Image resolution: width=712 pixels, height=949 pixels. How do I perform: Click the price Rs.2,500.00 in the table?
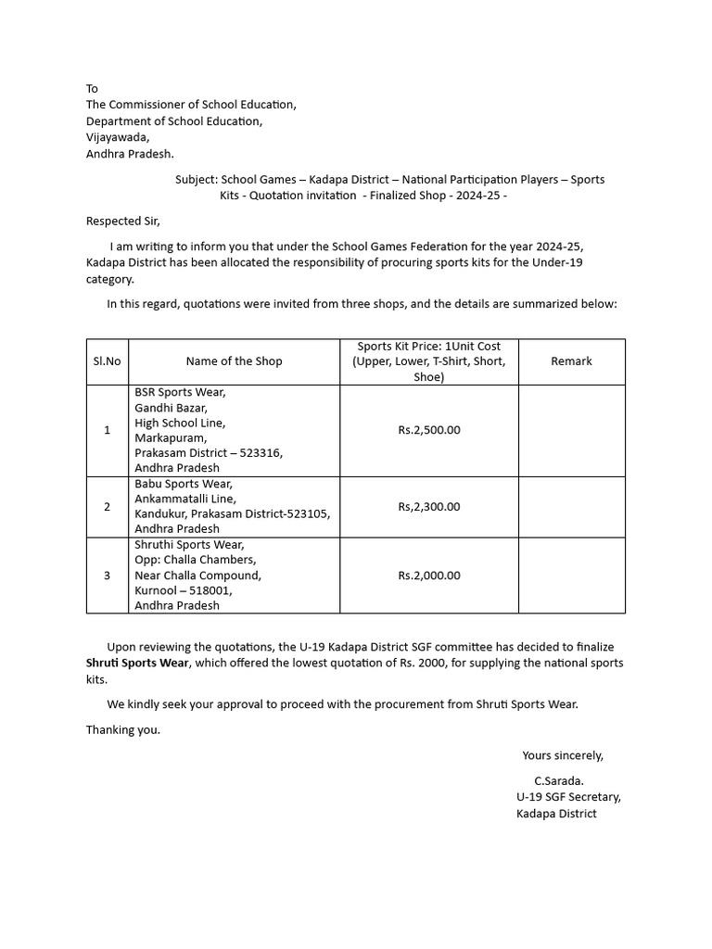tap(428, 430)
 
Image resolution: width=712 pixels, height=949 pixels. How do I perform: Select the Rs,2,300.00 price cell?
tap(428, 507)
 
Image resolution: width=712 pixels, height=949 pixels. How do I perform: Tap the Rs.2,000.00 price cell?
tap(428, 576)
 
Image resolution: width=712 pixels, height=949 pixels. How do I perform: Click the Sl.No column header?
tap(107, 361)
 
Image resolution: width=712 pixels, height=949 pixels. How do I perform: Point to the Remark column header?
tap(571, 361)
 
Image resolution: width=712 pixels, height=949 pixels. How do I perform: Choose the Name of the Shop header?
tap(234, 361)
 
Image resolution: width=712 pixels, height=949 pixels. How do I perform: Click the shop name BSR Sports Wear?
tap(180, 392)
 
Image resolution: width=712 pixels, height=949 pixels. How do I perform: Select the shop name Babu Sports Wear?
tap(184, 484)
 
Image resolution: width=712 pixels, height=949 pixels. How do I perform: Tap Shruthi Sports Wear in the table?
tap(189, 545)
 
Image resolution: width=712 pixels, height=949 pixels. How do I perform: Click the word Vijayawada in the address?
tap(117, 137)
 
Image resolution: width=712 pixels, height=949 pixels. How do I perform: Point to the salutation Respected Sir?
tap(123, 221)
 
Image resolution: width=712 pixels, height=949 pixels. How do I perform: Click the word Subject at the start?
tap(196, 179)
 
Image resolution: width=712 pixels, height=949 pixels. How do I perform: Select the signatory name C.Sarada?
tap(559, 780)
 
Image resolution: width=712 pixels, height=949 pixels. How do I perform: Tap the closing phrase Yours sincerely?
tap(563, 755)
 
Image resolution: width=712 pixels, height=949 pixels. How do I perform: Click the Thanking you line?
tap(123, 729)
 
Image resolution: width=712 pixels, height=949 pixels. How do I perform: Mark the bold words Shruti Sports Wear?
tap(138, 663)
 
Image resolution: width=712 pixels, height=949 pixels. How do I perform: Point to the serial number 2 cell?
tap(107, 507)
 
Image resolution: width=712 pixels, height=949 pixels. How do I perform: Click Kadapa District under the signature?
tap(556, 814)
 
